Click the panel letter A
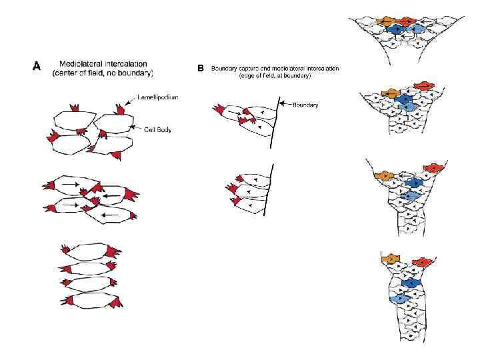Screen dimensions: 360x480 tap(37, 65)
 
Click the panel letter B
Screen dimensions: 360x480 tap(201, 68)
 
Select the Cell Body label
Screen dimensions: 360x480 tap(157, 129)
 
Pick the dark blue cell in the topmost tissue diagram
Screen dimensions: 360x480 tap(397, 29)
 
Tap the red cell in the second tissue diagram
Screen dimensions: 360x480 tap(423, 85)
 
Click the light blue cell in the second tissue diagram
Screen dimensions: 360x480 tap(409, 107)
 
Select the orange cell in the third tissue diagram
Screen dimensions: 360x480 tap(383, 175)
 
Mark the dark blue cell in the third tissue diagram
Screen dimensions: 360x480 tap(415, 182)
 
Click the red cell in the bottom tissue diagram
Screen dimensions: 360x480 tap(421, 262)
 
